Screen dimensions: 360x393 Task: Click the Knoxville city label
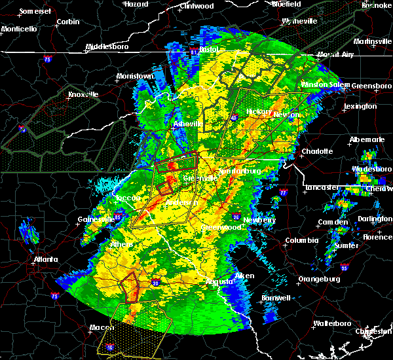[x=83, y=94]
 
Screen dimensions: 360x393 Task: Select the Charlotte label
[x=317, y=151]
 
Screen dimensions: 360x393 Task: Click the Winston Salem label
[x=326, y=85]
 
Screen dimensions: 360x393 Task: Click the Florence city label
[x=377, y=236]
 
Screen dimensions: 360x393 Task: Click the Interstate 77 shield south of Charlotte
[x=283, y=194]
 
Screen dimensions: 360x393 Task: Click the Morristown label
[x=134, y=76]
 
